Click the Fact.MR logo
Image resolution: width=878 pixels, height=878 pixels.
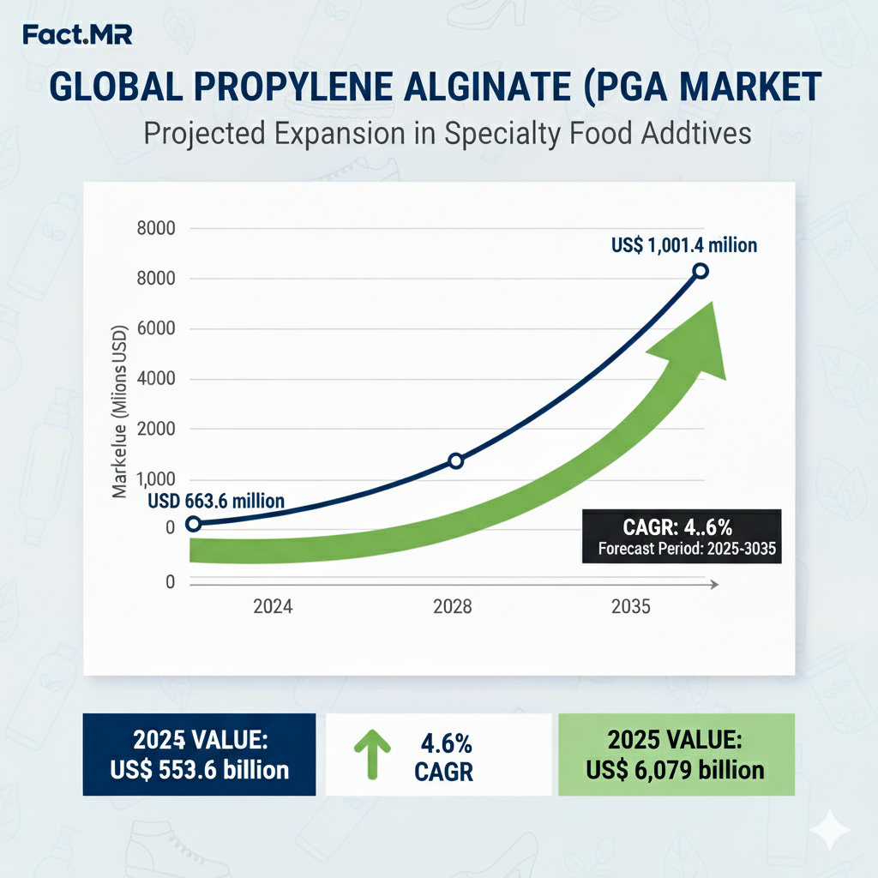coord(78,36)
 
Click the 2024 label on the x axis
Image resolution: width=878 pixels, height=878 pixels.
coord(273,607)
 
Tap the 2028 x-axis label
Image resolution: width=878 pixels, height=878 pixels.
coord(452,607)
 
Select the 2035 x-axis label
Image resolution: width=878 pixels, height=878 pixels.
coord(631,607)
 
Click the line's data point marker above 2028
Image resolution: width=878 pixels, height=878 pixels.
coord(455,461)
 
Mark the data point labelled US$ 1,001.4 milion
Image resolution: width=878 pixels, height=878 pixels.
coord(700,271)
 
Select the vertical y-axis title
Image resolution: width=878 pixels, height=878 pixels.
coord(120,412)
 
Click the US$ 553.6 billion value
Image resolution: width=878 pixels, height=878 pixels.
coord(199,770)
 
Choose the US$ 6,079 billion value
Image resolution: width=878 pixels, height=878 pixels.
coord(676,770)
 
